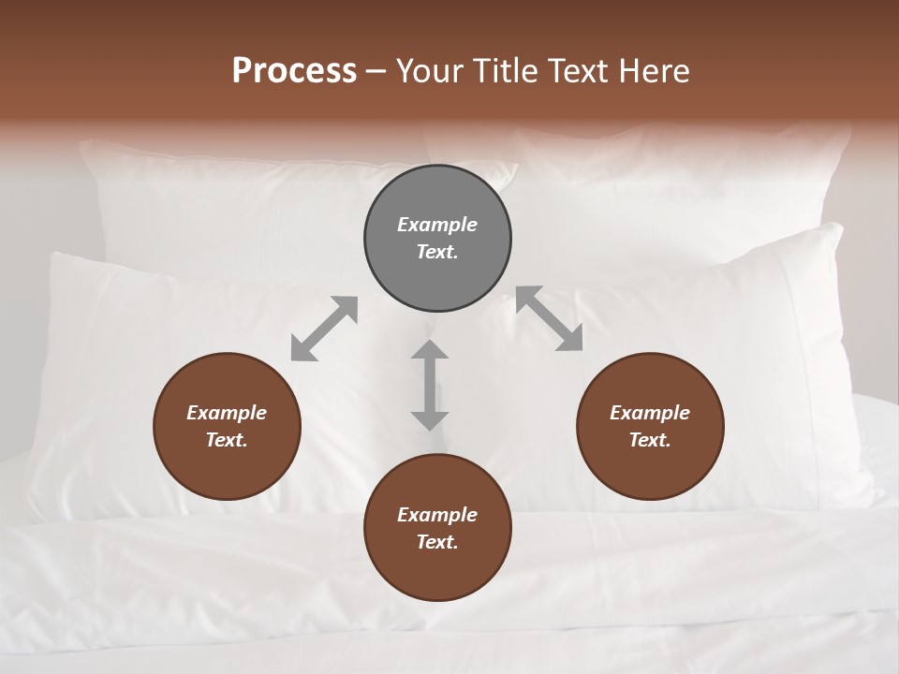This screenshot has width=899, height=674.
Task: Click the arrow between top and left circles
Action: (324, 329)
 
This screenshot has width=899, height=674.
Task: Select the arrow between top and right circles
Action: (550, 318)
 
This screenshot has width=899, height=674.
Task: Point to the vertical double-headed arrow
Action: (430, 385)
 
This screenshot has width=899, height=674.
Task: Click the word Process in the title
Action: (294, 70)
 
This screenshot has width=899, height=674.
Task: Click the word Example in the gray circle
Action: (437, 225)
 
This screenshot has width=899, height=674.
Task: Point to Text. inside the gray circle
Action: (437, 252)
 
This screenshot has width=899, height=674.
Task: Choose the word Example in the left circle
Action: (227, 413)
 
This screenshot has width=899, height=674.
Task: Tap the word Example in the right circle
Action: (650, 413)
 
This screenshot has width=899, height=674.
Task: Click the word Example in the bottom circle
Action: (437, 515)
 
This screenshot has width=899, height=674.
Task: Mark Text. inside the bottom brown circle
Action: (437, 542)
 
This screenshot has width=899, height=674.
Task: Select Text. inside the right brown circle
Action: (650, 440)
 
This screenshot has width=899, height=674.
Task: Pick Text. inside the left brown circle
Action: (227, 440)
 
